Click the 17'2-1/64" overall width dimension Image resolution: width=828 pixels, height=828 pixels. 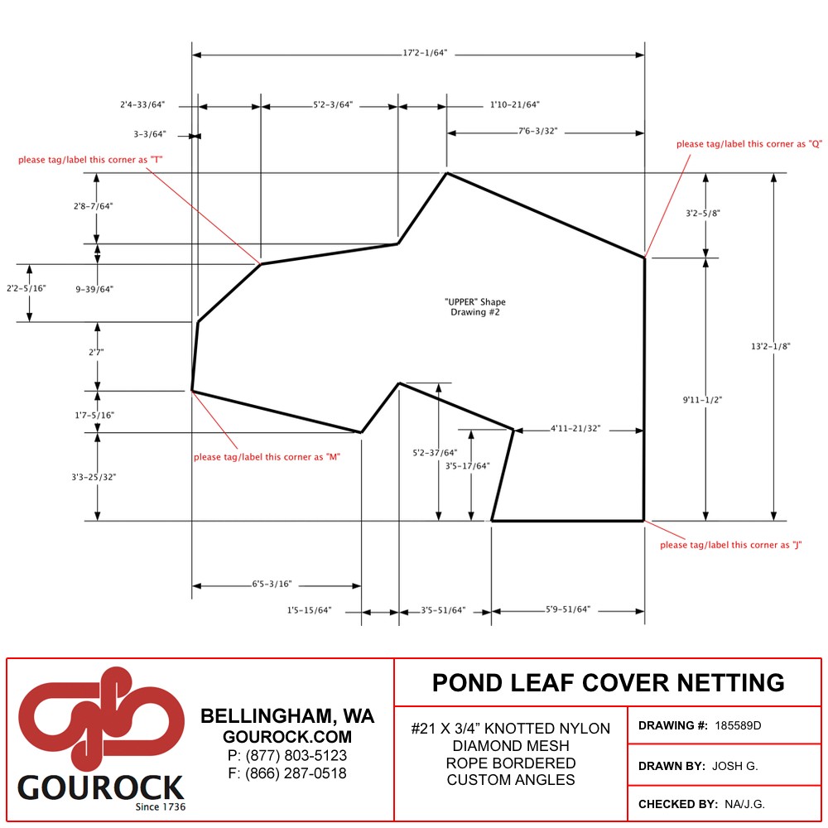click(425, 53)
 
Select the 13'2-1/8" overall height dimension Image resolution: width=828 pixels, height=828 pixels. click(770, 346)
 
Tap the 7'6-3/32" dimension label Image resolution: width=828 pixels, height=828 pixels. click(537, 131)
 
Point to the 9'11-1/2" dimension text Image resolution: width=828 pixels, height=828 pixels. click(702, 400)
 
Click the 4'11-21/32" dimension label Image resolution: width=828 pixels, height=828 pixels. click(575, 428)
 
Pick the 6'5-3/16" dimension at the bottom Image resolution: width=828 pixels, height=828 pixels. click(272, 584)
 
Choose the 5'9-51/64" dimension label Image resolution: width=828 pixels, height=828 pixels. click(568, 609)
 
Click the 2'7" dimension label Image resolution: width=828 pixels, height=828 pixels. click(96, 352)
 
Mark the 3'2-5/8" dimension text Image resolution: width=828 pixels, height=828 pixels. click(702, 214)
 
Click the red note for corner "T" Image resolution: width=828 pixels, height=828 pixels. click(90, 160)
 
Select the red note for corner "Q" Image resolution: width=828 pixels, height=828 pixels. click(749, 143)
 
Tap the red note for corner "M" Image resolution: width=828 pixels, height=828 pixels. click(267, 457)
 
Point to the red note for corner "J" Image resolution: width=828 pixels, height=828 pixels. click(731, 545)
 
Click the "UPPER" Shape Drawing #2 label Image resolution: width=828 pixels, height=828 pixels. click(475, 307)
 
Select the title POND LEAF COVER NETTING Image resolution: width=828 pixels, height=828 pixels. click(609, 683)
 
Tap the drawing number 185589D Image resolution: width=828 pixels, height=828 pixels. click(738, 725)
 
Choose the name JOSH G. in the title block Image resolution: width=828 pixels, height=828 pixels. click(735, 766)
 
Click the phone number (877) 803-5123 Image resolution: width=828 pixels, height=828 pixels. click(287, 756)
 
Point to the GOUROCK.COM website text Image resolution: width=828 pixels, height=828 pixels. click(287, 737)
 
